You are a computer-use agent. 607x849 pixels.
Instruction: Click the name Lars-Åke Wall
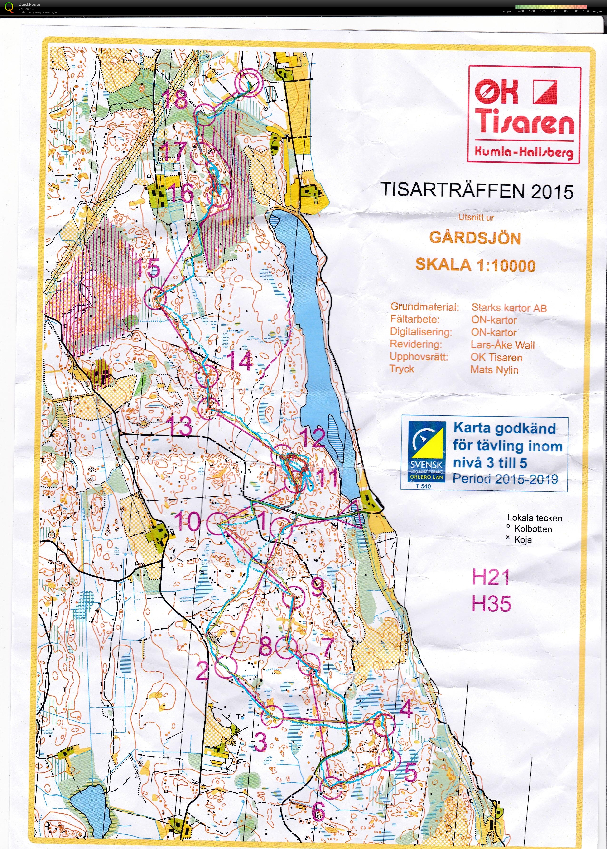(502, 345)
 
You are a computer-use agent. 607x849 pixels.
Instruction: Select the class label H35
(491, 604)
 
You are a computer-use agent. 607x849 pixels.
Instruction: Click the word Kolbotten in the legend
(533, 529)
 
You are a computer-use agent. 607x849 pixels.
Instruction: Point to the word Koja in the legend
(523, 539)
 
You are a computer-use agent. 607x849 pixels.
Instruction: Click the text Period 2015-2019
(505, 479)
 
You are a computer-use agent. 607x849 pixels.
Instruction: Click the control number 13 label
(180, 426)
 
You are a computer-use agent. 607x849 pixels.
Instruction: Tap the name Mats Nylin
(494, 370)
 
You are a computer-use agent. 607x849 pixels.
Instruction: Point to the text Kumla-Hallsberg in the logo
(523, 151)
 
